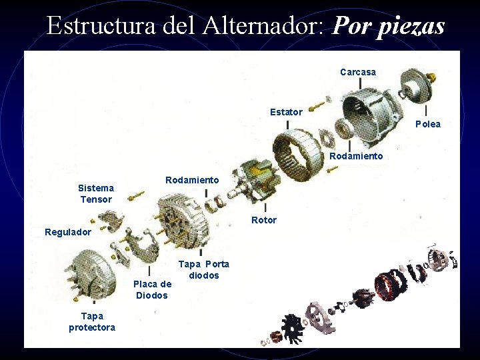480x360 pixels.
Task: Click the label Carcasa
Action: tap(358, 72)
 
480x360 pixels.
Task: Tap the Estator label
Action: tap(286, 112)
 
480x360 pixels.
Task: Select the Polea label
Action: tap(428, 124)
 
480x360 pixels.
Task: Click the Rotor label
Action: tap(264, 220)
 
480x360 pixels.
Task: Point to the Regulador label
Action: tap(68, 232)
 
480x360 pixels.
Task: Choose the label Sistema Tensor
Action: tap(96, 193)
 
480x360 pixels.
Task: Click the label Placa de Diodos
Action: tap(153, 289)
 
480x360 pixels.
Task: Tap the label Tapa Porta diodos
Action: tap(203, 269)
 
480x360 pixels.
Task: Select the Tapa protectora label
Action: tap(92, 321)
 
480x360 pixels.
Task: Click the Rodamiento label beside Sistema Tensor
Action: tap(192, 180)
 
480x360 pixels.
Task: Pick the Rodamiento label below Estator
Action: tap(356, 156)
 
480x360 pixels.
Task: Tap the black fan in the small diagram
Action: tap(292, 327)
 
